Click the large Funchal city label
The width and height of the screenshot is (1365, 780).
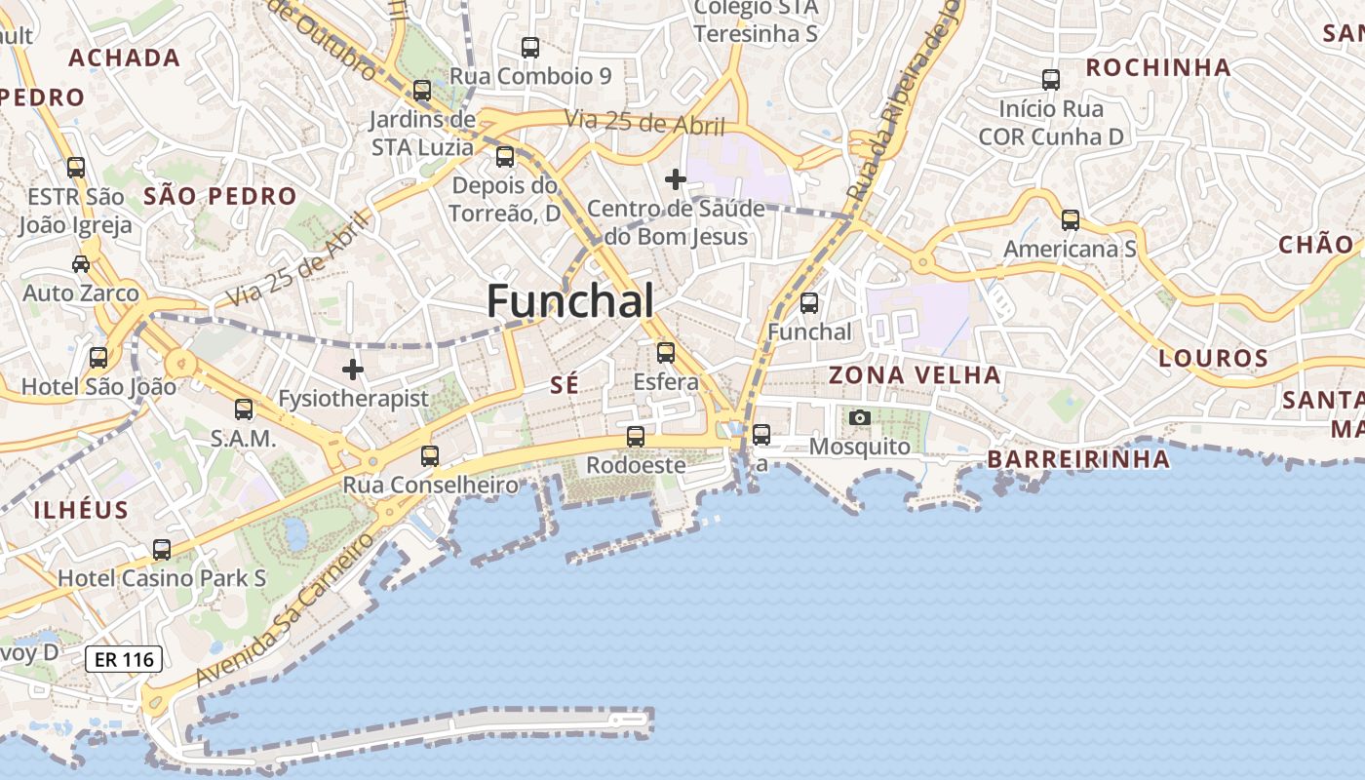(x=570, y=300)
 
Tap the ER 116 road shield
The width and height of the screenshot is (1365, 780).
(x=124, y=659)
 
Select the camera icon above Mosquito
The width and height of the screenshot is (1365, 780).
(x=859, y=417)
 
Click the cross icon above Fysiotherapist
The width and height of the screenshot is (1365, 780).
(x=353, y=370)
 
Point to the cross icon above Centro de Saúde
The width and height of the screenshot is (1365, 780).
(x=675, y=179)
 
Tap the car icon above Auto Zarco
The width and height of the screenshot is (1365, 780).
(x=81, y=263)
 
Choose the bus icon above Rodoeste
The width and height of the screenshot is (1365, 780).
(x=636, y=436)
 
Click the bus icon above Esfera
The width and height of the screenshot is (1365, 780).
(x=666, y=352)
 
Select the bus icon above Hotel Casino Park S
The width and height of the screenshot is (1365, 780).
(x=162, y=550)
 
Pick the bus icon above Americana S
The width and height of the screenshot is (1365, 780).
(x=1071, y=220)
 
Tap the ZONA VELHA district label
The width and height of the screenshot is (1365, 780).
(x=915, y=375)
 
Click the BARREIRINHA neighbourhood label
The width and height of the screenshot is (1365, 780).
(x=1078, y=459)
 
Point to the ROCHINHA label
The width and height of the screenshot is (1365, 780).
(x=1158, y=67)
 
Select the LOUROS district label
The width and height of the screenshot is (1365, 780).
(x=1214, y=358)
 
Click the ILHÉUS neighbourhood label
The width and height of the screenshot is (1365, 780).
(x=81, y=509)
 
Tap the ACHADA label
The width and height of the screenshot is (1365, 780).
(x=125, y=58)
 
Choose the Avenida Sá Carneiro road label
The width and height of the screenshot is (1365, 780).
(x=284, y=609)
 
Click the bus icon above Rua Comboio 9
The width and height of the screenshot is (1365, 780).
(x=530, y=47)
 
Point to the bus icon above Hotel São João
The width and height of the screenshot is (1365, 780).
(x=98, y=358)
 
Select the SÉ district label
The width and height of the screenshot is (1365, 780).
(x=565, y=385)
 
